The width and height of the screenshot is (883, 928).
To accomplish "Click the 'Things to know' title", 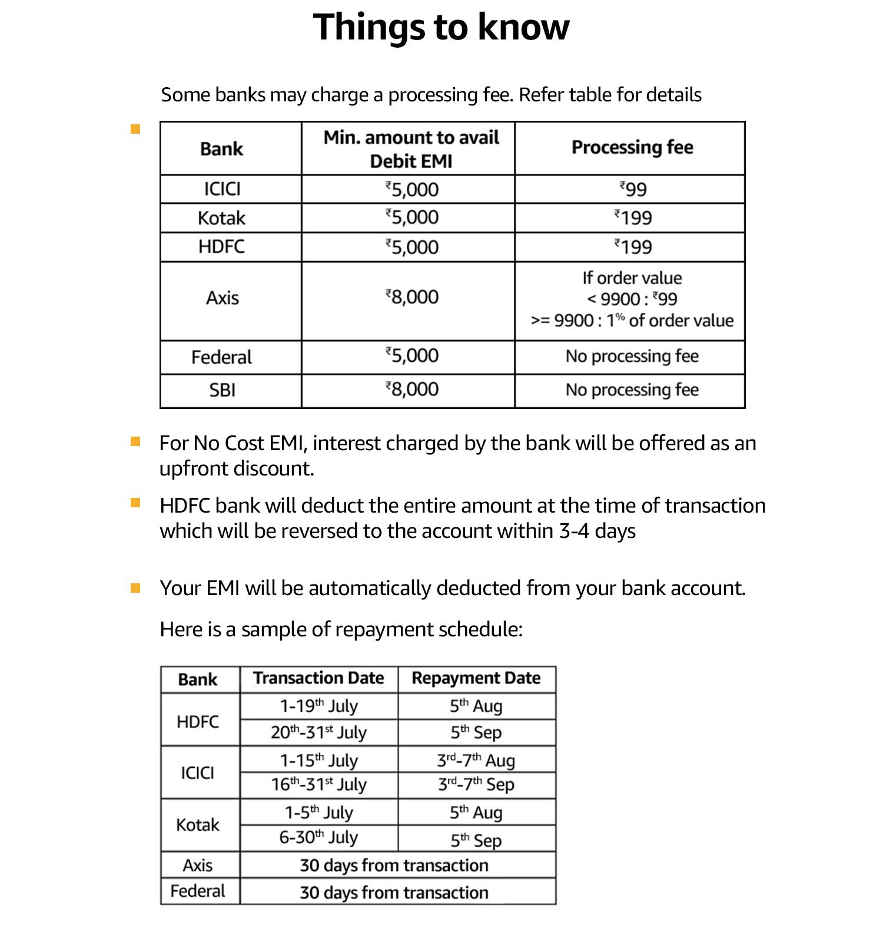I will point(441,27).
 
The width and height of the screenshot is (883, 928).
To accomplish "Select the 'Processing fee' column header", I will point(632,147).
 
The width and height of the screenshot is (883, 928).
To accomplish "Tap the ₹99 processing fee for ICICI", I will point(633,189).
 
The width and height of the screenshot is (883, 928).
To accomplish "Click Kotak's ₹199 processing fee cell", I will point(633,218).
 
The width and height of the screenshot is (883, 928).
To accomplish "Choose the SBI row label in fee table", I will point(222,390).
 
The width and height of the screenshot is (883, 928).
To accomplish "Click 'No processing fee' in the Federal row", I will point(632,356).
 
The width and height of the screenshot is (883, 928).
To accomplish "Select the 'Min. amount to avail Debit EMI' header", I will point(411,149).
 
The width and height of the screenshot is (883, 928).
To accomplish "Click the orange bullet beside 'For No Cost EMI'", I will point(136,441).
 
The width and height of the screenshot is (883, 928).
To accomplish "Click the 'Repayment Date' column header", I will point(476,678).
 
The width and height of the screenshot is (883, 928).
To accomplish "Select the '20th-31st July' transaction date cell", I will point(318,732).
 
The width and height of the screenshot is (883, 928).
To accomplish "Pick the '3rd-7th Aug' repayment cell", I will point(476,760).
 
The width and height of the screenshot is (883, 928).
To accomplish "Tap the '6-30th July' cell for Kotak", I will point(318,837).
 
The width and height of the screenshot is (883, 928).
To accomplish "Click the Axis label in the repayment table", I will point(197,865).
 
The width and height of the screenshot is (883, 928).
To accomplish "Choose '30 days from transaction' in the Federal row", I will point(394,892).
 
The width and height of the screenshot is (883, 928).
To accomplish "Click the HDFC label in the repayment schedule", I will point(197,721).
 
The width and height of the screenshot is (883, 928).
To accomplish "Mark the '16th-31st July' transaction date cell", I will point(318,785).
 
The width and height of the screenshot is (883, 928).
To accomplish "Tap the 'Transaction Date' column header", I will point(318,678).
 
